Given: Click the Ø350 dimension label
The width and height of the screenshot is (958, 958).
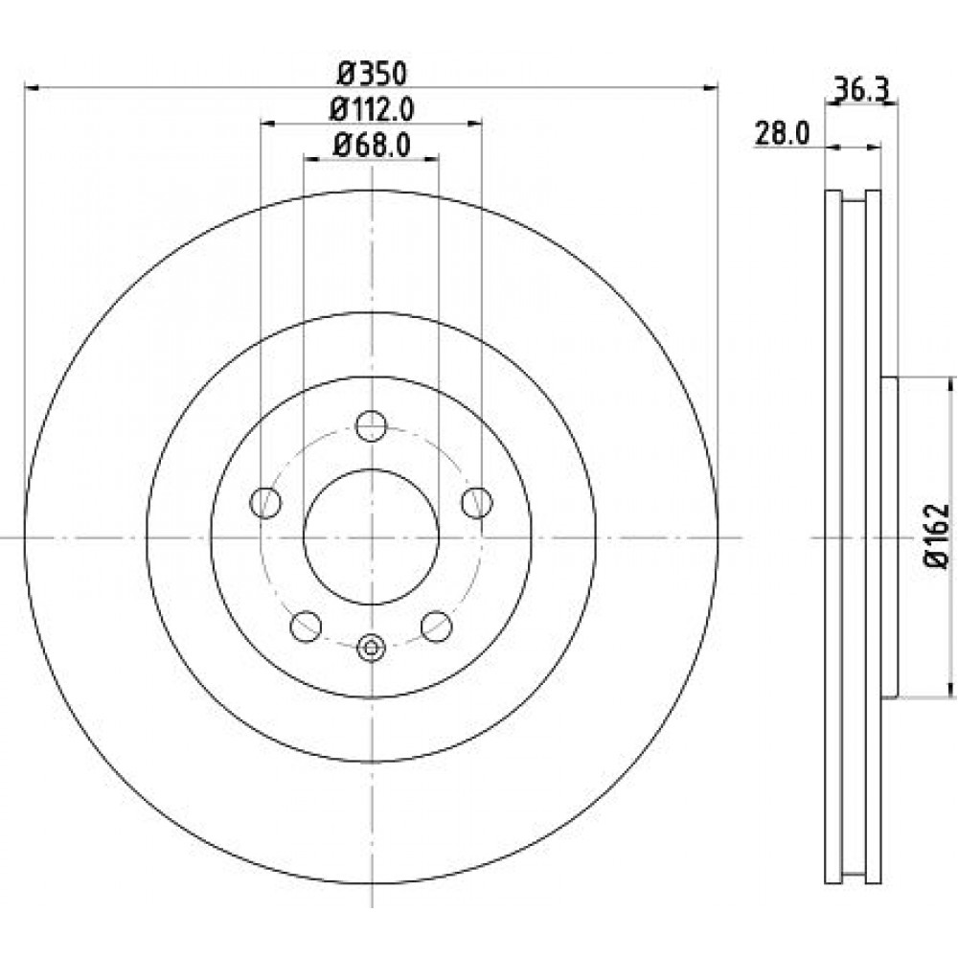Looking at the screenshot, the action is point(373,75).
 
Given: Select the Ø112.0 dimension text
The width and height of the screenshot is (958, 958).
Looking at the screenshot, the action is point(372,110).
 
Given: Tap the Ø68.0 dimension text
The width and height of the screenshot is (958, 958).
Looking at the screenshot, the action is point(372,146).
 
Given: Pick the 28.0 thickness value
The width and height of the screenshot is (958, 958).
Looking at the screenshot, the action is point(782,133).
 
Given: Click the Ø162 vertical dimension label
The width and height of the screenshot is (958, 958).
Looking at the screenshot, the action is point(938,536).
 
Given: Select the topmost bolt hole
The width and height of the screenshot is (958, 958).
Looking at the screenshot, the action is point(372,426).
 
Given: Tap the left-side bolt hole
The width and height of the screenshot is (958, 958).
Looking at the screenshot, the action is point(265,503).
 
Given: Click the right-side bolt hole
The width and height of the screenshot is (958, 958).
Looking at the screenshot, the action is point(477,503).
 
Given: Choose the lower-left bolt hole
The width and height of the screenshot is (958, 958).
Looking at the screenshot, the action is point(307,627).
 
